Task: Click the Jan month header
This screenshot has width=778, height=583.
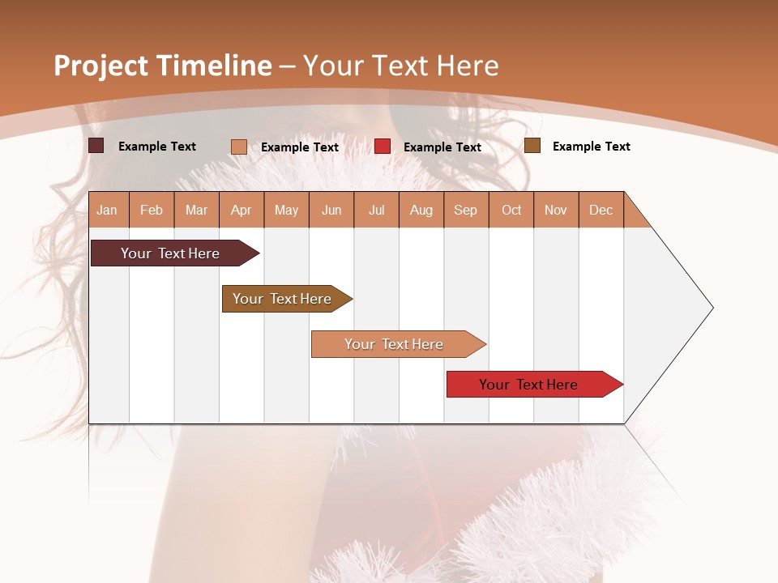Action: [108, 210]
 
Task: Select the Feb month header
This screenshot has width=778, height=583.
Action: [152, 210]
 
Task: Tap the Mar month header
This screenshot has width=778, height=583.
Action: [196, 210]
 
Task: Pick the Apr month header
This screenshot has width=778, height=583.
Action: [242, 210]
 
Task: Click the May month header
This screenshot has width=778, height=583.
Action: [286, 210]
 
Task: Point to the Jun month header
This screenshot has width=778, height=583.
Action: [331, 210]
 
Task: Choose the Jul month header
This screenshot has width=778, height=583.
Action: [376, 210]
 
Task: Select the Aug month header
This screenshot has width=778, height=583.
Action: [421, 210]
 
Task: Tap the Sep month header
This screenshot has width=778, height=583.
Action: [466, 210]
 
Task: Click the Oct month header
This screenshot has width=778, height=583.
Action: [511, 210]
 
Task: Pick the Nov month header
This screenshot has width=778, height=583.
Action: [556, 210]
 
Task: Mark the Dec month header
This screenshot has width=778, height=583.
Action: [601, 210]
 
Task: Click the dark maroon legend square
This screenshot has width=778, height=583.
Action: [96, 146]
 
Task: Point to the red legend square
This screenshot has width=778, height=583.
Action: [383, 147]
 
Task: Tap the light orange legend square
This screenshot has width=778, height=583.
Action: [239, 147]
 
